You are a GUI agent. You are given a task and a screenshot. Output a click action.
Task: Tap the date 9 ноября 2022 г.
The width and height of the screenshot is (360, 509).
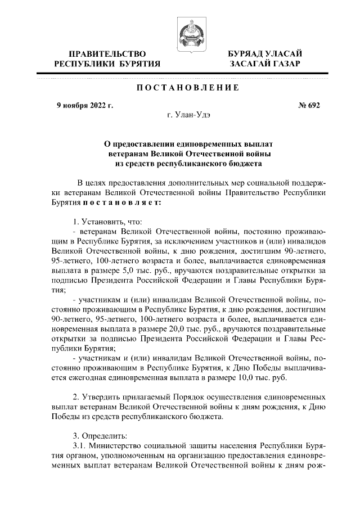pos(85,105)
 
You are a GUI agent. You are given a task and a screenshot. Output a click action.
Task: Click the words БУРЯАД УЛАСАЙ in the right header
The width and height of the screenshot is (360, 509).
pos(265,53)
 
